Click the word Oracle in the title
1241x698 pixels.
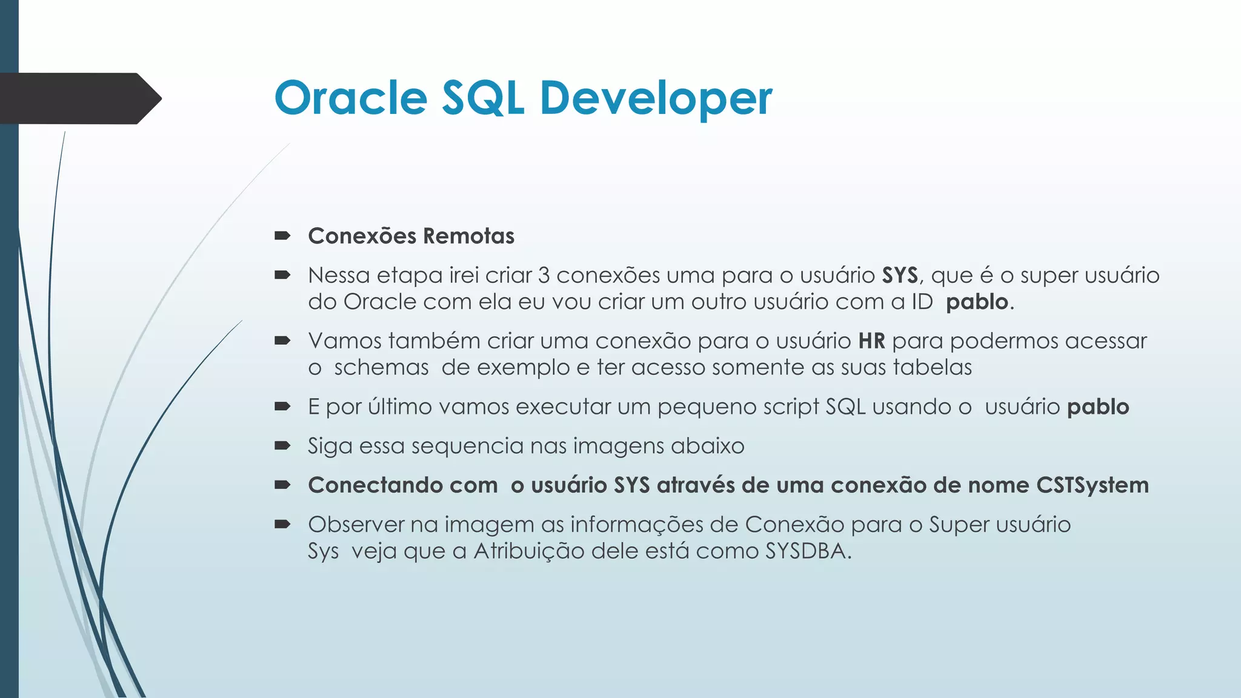(x=351, y=98)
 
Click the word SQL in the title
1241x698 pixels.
(x=482, y=98)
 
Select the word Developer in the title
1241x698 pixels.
(x=656, y=98)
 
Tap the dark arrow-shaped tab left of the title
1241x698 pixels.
(x=79, y=98)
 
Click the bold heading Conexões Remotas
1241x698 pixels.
(x=411, y=236)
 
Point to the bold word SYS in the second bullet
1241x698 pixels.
(x=900, y=276)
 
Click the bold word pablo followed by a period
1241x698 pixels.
(x=977, y=302)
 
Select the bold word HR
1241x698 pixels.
(x=871, y=341)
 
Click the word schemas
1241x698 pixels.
(x=381, y=368)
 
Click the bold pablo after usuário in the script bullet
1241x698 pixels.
(x=1097, y=407)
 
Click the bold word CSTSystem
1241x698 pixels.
(x=1092, y=485)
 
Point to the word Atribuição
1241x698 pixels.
(x=528, y=551)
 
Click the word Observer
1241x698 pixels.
(x=356, y=525)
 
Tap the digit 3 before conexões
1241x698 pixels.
(x=544, y=276)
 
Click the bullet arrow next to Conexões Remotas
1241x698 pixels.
(x=282, y=236)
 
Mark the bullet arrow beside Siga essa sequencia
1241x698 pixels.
(x=282, y=446)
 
